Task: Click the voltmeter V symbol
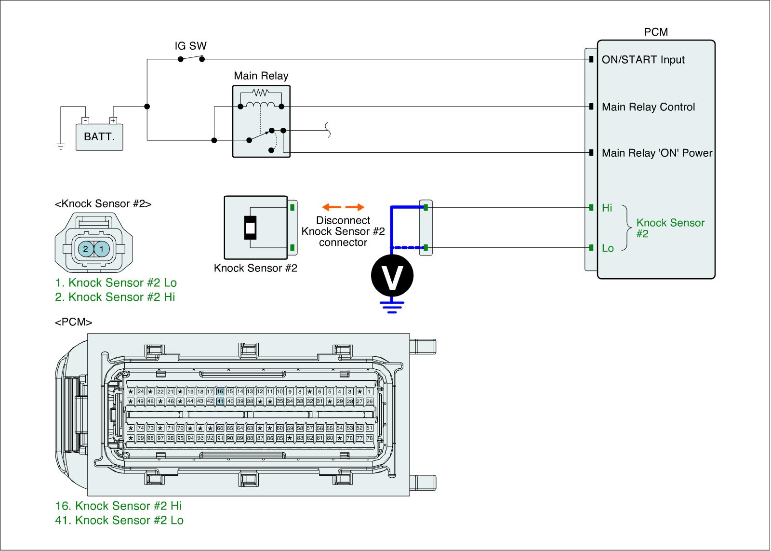pos(392,276)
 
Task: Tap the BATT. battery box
pos(99,137)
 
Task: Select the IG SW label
pos(190,46)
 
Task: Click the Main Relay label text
pos(261,76)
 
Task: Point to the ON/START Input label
pos(643,60)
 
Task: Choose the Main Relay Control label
pos(648,107)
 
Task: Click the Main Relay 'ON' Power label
pos(657,153)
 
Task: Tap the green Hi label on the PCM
pos(607,208)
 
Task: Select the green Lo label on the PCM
pos(608,249)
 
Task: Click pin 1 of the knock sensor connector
pos(102,249)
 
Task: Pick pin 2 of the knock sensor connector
pos(85,249)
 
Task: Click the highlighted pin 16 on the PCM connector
pos(220,391)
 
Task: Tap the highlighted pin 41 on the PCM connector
pos(220,401)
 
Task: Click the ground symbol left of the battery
pos(61,147)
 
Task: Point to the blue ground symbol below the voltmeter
pos(392,307)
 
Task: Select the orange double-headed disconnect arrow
pos(343,208)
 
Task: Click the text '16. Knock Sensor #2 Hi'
pos(119,506)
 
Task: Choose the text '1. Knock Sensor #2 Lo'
pos(116,282)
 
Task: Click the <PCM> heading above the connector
pos(73,322)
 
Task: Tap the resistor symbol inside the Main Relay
pos(260,92)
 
